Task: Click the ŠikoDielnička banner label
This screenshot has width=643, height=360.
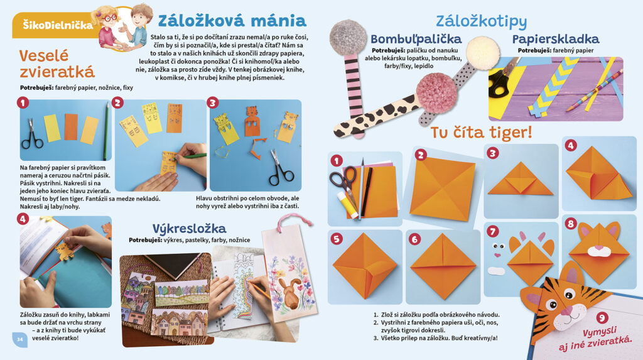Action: [58, 26]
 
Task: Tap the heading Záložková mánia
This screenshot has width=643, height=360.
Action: [232, 21]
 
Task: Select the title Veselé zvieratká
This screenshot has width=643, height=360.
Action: [57, 63]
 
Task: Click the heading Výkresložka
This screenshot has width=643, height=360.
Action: [190, 228]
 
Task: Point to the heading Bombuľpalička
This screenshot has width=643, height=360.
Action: [416, 39]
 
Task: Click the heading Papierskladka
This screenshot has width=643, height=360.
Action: [556, 40]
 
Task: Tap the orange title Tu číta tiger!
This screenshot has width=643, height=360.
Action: [481, 132]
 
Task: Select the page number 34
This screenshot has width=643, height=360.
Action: [19, 339]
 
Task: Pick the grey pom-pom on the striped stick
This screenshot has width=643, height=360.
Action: [349, 38]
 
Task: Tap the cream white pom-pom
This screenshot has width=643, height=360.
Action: [483, 53]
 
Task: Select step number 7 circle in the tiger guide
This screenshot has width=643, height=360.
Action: [492, 231]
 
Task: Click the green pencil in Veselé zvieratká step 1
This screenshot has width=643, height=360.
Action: [106, 131]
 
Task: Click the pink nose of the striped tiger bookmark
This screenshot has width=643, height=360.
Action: [566, 311]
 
